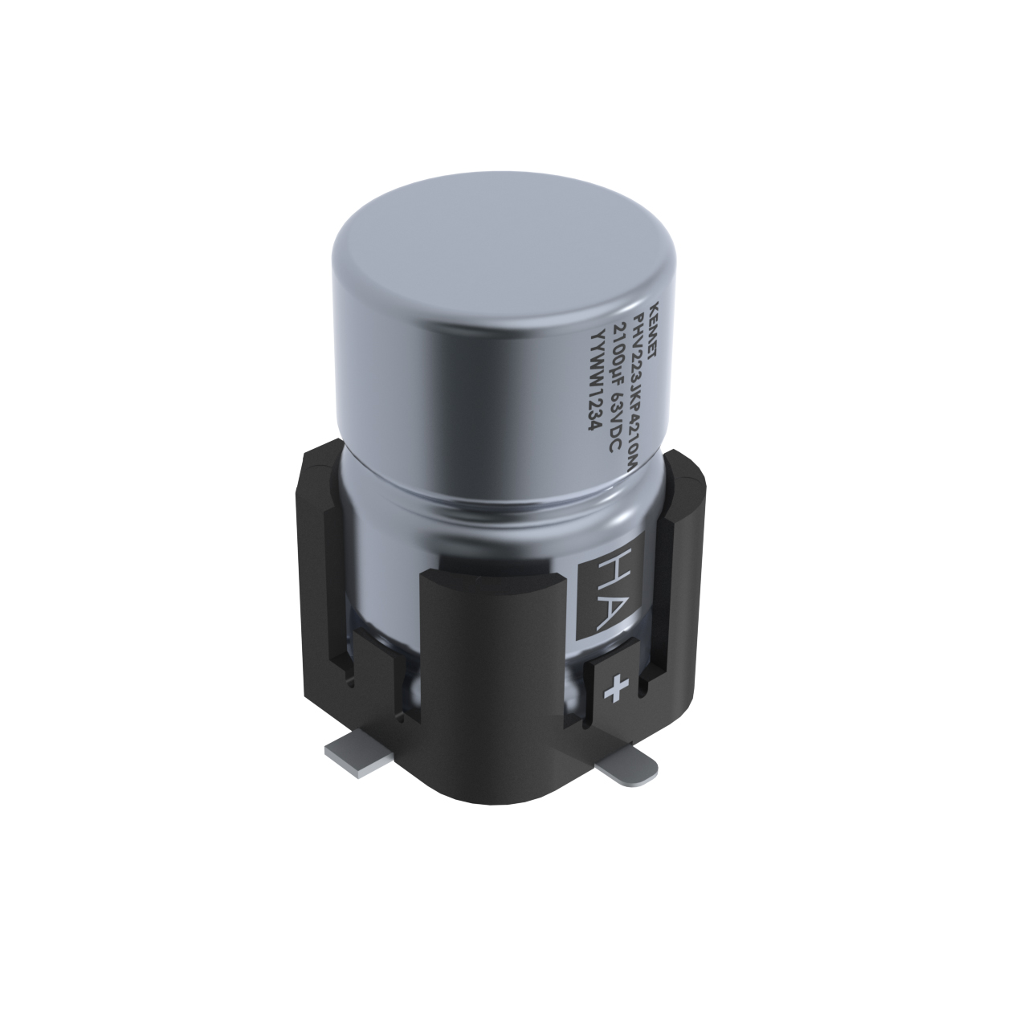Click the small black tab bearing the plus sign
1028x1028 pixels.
click(617, 687)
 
